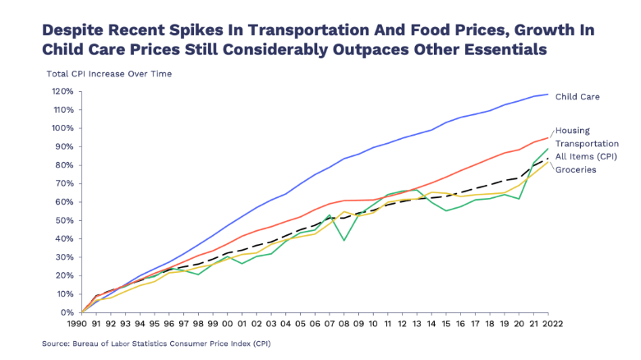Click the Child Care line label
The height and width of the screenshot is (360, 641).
click(x=578, y=97)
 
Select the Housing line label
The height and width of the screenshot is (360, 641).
click(x=573, y=131)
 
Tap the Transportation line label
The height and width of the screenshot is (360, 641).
click(x=587, y=143)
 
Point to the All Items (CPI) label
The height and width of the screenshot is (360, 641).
click(x=586, y=156)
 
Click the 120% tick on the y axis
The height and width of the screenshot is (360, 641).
click(x=63, y=91)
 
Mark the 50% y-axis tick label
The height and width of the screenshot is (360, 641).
click(x=65, y=220)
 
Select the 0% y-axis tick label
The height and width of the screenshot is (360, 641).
click(x=67, y=312)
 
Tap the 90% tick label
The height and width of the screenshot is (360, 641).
click(x=65, y=146)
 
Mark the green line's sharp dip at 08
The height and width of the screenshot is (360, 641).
click(x=343, y=240)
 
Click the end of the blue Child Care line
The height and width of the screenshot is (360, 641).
click(x=548, y=95)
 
